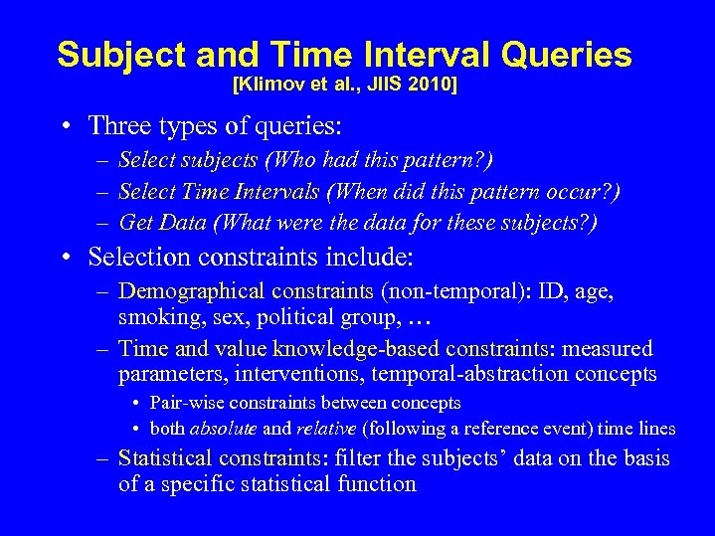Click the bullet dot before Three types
(x=65, y=126)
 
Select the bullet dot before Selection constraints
(x=65, y=259)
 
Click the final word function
(x=379, y=484)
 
